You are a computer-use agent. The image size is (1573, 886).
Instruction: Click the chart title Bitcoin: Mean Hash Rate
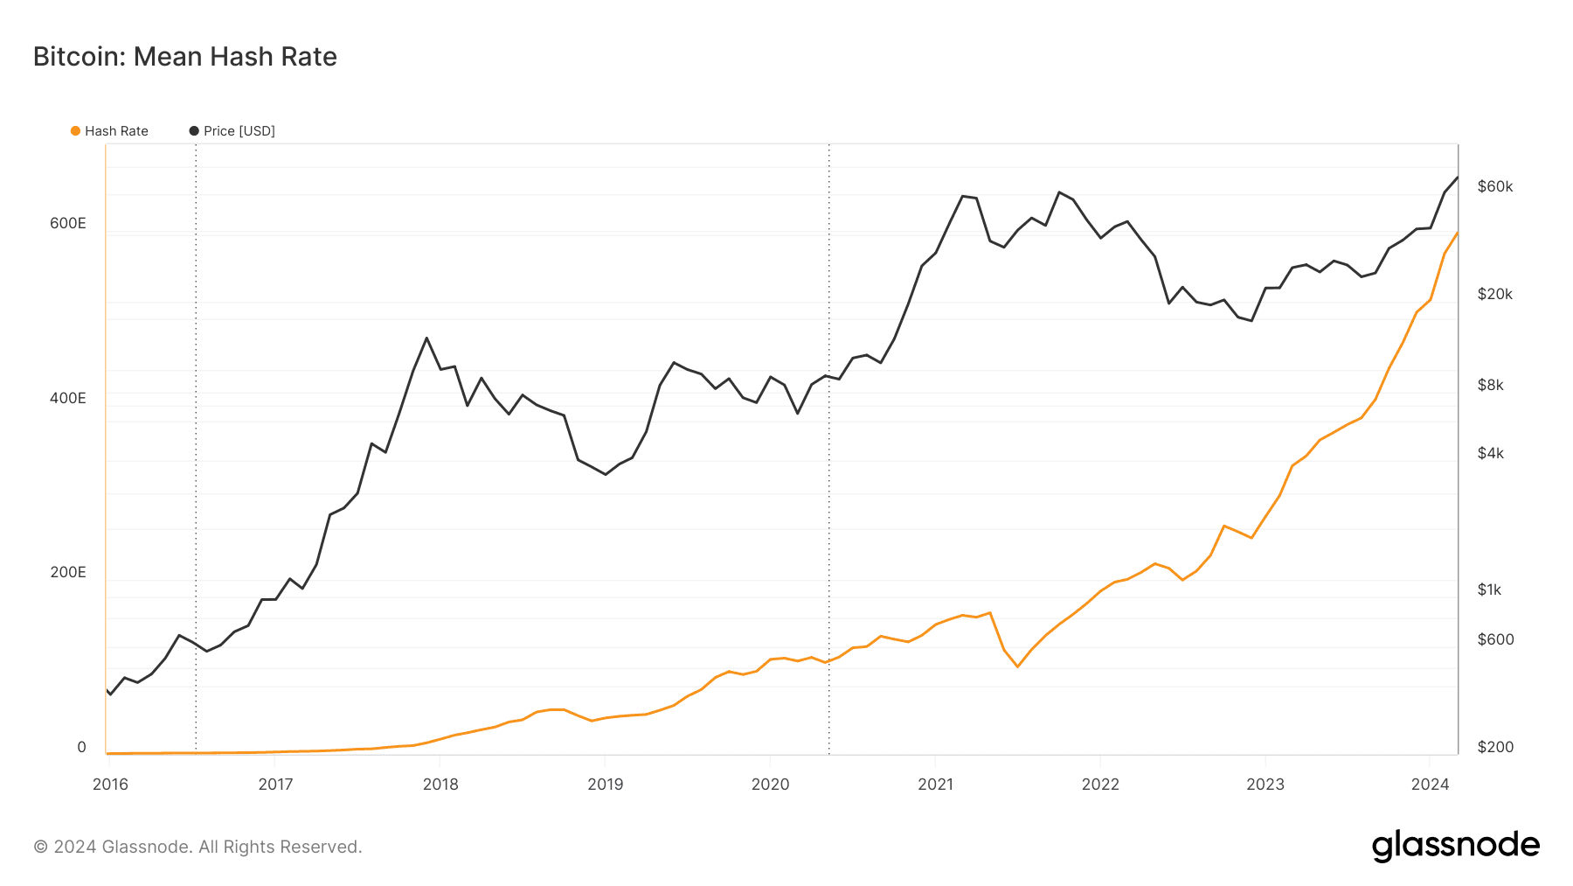click(185, 57)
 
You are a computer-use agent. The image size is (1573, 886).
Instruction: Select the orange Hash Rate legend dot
click(76, 131)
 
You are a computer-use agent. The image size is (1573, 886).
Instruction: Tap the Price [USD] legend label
click(239, 131)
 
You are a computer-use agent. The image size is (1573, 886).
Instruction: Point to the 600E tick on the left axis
click(68, 223)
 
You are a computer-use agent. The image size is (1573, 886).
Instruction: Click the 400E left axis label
click(68, 398)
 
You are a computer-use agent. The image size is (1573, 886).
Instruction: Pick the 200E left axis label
click(68, 572)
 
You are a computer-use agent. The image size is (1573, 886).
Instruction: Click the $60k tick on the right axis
click(1495, 186)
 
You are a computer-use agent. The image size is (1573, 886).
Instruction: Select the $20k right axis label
click(1495, 294)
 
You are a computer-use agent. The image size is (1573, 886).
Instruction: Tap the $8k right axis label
click(1491, 385)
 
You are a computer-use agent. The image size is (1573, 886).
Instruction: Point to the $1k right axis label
click(1490, 590)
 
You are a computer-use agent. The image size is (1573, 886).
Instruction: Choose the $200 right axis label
click(1495, 747)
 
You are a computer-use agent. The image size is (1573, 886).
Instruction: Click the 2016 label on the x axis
click(110, 785)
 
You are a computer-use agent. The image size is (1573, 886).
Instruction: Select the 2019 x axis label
click(606, 785)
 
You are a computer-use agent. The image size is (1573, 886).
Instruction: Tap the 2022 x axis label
click(1100, 785)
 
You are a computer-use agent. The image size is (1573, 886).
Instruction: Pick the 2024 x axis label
click(1431, 785)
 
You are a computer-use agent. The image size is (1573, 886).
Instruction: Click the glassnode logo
click(1456, 846)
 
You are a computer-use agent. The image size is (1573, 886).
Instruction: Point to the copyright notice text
click(197, 847)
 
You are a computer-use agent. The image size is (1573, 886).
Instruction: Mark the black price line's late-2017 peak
click(426, 338)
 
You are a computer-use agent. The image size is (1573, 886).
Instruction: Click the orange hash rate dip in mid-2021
click(1017, 666)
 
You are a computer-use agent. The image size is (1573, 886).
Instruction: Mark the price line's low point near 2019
click(606, 474)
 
